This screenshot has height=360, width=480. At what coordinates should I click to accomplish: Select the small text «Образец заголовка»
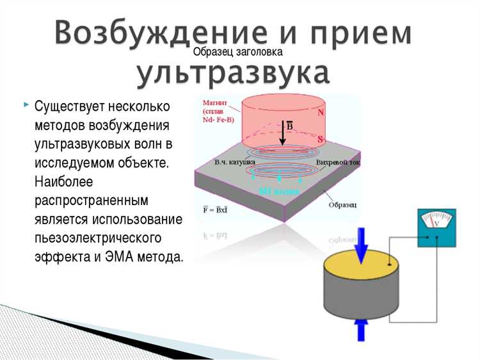(x=238, y=52)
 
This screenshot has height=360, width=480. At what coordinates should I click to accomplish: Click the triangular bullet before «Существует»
(x=26, y=103)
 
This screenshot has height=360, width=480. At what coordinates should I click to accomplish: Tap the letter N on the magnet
(x=321, y=111)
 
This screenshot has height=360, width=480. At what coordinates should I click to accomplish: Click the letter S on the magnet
(x=320, y=139)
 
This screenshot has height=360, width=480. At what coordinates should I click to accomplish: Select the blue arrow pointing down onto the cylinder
(x=362, y=244)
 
